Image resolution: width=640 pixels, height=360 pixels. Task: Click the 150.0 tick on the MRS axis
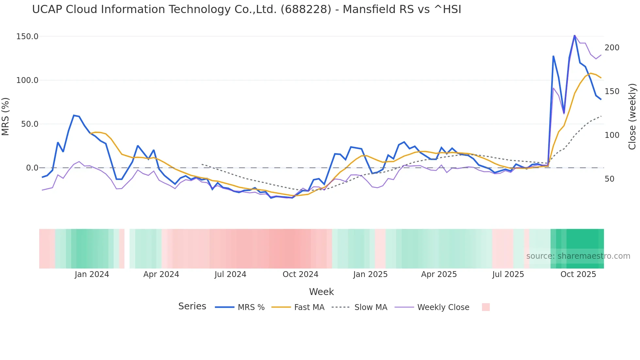point(27,36)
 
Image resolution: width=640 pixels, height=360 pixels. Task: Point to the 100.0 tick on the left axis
point(27,80)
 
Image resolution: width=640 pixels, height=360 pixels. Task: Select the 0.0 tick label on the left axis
point(32,168)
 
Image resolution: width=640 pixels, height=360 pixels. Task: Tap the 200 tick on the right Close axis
point(612,48)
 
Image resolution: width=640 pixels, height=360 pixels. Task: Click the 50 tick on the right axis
point(609,179)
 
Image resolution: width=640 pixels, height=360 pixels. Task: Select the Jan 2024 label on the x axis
point(92,274)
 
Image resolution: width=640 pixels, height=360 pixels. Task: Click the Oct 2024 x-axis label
point(300,274)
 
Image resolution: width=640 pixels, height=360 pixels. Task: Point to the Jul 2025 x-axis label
point(508,274)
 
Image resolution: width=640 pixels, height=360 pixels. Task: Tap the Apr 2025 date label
point(439,274)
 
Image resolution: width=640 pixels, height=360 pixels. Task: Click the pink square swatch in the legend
point(486,307)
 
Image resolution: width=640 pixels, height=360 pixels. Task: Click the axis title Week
point(321,292)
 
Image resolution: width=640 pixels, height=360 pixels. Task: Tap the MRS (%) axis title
point(6,116)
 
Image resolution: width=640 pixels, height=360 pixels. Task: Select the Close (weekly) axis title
point(632,117)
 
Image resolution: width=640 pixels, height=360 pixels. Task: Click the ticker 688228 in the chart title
point(306,9)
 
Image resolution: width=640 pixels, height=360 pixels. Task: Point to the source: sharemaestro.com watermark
point(578,256)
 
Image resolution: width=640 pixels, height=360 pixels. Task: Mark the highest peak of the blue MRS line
point(574,35)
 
